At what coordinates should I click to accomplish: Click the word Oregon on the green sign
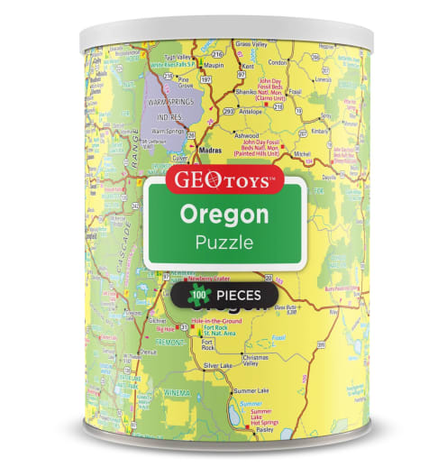(x=223, y=215)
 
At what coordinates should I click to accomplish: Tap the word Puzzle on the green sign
(x=223, y=243)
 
